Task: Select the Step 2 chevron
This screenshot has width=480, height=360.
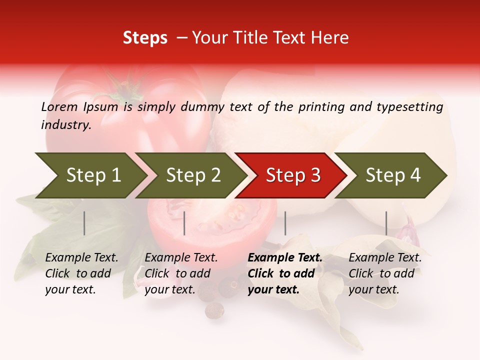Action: [x=192, y=175]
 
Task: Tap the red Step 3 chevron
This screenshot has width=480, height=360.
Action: [x=292, y=175]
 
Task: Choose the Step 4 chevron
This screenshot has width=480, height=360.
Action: [x=392, y=175]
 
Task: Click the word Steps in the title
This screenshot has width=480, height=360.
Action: [x=145, y=38]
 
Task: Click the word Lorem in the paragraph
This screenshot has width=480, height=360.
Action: [x=59, y=106]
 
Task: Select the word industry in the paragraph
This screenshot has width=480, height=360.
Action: [x=66, y=125]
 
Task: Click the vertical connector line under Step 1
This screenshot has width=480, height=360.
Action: [x=84, y=223]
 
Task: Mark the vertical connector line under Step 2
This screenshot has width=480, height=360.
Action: [x=184, y=223]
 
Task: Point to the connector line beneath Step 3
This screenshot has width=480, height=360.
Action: [x=285, y=223]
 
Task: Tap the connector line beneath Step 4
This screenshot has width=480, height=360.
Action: [x=386, y=223]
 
